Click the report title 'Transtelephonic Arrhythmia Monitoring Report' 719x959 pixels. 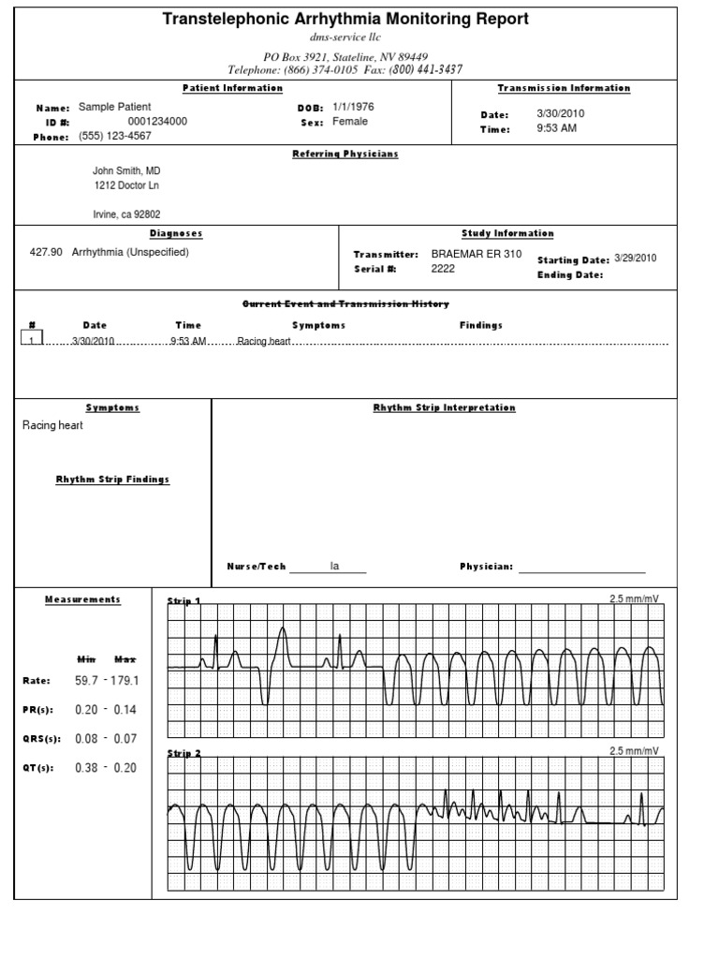click(345, 19)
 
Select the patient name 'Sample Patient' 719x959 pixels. click(114, 108)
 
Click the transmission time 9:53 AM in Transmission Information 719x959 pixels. click(556, 128)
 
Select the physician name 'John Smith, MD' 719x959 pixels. click(125, 171)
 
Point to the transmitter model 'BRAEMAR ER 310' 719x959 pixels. click(473, 254)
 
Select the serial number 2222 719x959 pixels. click(442, 268)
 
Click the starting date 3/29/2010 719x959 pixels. click(636, 258)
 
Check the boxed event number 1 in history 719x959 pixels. click(32, 341)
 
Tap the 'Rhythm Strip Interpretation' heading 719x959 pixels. click(444, 408)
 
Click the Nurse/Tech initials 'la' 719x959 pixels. click(334, 566)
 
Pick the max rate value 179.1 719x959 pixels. click(123, 681)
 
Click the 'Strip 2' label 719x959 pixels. click(183, 753)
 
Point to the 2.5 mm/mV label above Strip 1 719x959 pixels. click(634, 598)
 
